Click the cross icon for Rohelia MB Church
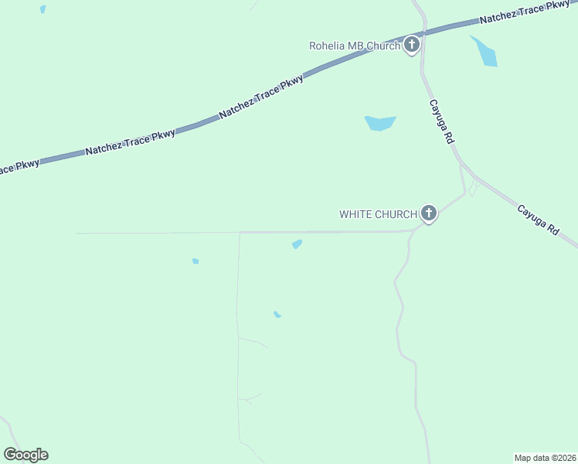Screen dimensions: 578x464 pyautogui.click(x=412, y=45)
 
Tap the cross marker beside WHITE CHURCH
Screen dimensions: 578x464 pyautogui.click(x=429, y=213)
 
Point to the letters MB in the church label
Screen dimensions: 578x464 pyautogui.click(x=355, y=46)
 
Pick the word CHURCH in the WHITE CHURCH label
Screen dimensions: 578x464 pyautogui.click(x=397, y=214)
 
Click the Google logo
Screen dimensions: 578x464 pyautogui.click(x=25, y=455)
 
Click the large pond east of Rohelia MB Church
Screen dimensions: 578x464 pyautogui.click(x=485, y=52)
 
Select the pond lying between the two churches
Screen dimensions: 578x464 pyautogui.click(x=379, y=123)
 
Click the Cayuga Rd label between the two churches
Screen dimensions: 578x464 pyautogui.click(x=441, y=121)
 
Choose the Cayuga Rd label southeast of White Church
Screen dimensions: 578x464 pyautogui.click(x=537, y=220)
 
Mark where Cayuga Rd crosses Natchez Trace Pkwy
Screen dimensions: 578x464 pyautogui.click(x=423, y=35)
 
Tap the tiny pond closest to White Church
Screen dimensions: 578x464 pyautogui.click(x=297, y=244)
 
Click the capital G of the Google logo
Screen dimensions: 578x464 pyautogui.click(x=11, y=455)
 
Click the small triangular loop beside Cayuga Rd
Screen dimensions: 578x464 pyautogui.click(x=472, y=189)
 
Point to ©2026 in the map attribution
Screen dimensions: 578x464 pyautogui.click(x=563, y=458)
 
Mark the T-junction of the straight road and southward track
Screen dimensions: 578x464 pyautogui.click(x=240, y=232)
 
